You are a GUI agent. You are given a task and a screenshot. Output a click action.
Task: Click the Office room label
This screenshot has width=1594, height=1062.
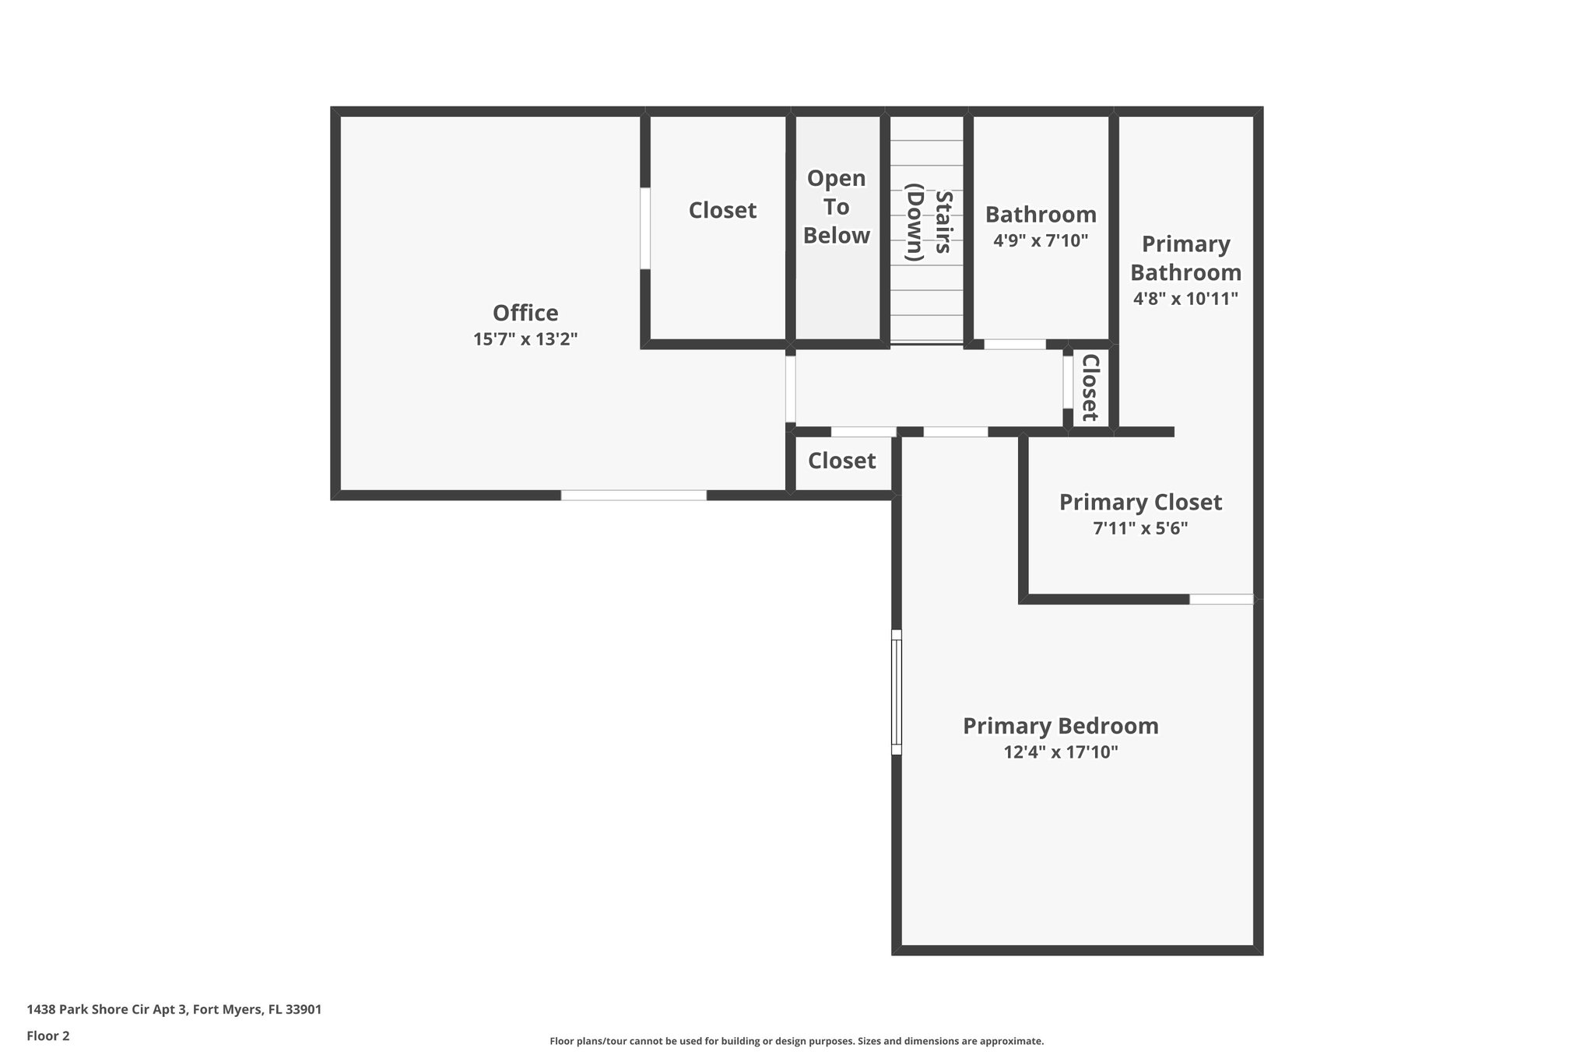(x=525, y=313)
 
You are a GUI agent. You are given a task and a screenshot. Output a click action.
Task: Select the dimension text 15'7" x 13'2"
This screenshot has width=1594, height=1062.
(x=525, y=339)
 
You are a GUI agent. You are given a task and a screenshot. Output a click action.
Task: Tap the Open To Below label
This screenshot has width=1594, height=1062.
(x=837, y=207)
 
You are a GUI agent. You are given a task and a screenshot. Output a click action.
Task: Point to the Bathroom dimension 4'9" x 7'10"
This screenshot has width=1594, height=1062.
(x=1041, y=240)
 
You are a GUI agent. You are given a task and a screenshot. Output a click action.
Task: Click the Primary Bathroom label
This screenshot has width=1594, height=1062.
(x=1185, y=258)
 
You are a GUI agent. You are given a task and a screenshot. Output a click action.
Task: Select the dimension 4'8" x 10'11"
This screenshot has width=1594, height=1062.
(x=1185, y=299)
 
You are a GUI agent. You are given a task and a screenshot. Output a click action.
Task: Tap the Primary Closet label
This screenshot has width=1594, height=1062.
(x=1140, y=503)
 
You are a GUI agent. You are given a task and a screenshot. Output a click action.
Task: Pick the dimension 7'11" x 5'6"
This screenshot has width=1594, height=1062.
(x=1140, y=529)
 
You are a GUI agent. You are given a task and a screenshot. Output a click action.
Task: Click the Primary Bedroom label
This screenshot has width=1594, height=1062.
(x=1060, y=726)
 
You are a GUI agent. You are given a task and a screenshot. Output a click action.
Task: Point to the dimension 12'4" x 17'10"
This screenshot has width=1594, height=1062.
(x=1060, y=752)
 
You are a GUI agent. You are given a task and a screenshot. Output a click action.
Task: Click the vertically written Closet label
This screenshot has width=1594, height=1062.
(x=1090, y=387)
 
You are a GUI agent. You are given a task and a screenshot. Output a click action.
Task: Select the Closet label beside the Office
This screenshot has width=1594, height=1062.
(x=722, y=210)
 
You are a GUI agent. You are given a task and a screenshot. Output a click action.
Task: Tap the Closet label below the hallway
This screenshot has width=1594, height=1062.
(x=841, y=461)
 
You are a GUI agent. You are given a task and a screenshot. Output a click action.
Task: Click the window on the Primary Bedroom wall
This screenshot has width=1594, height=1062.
(x=897, y=692)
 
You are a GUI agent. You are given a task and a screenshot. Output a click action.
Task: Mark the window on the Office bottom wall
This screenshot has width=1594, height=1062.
(x=634, y=496)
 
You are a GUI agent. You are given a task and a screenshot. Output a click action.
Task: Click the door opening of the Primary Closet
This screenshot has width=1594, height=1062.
(x=1221, y=599)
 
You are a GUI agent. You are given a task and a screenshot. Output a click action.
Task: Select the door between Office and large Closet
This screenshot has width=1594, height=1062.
(x=645, y=228)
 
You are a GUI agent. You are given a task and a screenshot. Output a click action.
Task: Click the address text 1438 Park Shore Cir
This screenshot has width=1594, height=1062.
(x=174, y=1010)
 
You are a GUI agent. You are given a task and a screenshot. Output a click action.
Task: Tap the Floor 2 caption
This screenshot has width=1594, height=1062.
(x=48, y=1036)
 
